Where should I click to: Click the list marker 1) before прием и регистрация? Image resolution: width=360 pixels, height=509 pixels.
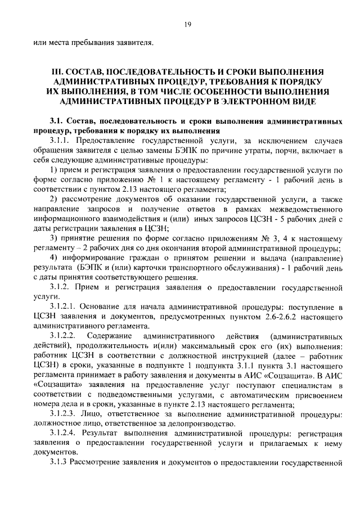[x=54, y=169]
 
